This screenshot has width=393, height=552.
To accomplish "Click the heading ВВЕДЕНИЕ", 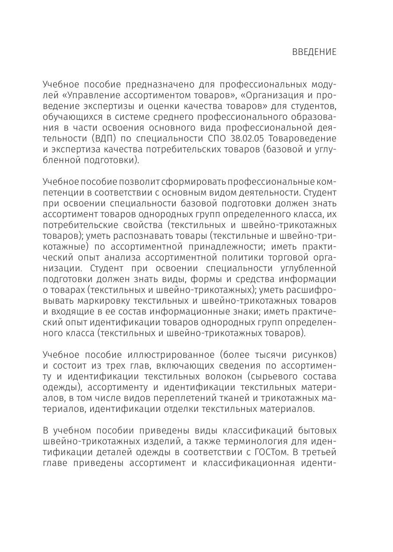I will point(314,52).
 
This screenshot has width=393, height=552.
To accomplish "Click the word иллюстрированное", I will point(171,355).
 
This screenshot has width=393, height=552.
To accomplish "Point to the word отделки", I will point(201,409).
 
